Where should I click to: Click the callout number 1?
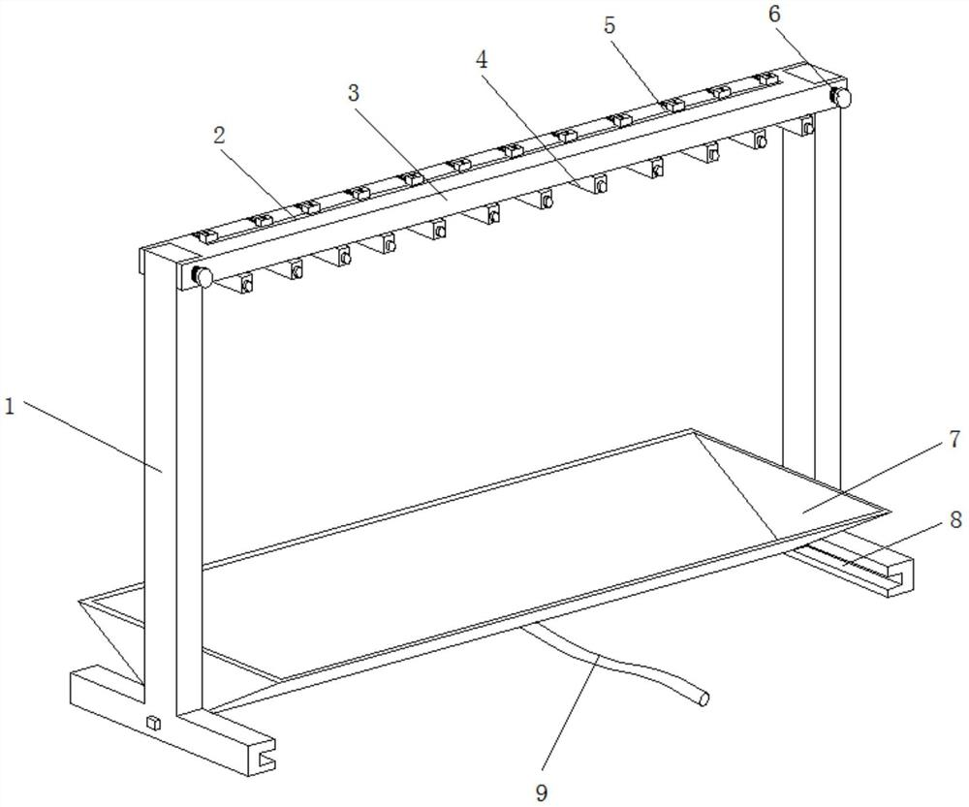(x=9, y=407)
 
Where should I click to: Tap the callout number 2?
(x=219, y=137)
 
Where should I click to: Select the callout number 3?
(x=353, y=93)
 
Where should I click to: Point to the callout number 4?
(x=482, y=59)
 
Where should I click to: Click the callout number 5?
(x=610, y=25)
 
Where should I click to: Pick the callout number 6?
(x=775, y=14)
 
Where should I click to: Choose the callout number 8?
(x=955, y=519)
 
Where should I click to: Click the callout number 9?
(x=542, y=791)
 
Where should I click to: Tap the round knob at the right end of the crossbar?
(x=840, y=97)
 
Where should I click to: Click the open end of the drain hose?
(x=703, y=698)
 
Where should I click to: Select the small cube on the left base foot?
(x=153, y=723)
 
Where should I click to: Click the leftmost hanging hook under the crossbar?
(x=246, y=284)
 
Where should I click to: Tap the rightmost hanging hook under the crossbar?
(x=807, y=125)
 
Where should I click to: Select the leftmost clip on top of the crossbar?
(x=203, y=236)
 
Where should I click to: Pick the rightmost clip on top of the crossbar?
(x=766, y=78)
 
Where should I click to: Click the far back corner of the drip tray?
(x=691, y=429)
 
